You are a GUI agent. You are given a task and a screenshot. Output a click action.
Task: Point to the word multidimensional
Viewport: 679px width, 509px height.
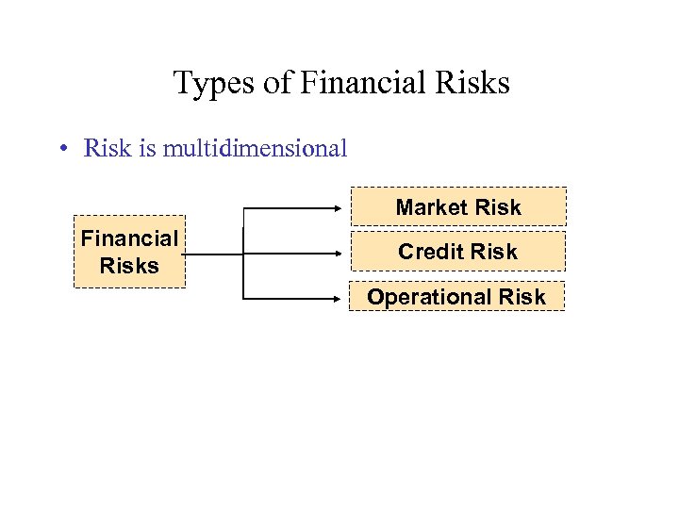tap(255, 148)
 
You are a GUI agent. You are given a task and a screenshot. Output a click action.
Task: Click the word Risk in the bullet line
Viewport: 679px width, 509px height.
tap(107, 148)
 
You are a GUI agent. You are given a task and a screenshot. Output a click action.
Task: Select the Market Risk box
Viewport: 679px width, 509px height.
tap(458, 206)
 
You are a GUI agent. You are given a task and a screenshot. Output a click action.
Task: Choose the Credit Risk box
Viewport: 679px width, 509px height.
tap(458, 252)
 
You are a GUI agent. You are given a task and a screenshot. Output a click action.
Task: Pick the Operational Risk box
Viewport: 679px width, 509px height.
tap(456, 297)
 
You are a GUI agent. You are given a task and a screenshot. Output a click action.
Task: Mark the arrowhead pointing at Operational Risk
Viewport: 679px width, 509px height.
tap(343, 299)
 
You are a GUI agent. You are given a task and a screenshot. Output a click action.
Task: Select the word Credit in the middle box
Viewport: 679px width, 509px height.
tap(427, 252)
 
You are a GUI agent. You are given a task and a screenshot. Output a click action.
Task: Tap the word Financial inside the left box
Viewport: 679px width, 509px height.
tap(130, 239)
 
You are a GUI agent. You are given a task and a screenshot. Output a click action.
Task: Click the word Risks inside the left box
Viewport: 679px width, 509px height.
tap(130, 266)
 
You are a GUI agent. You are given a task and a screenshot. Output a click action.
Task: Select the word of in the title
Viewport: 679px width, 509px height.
tap(277, 83)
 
